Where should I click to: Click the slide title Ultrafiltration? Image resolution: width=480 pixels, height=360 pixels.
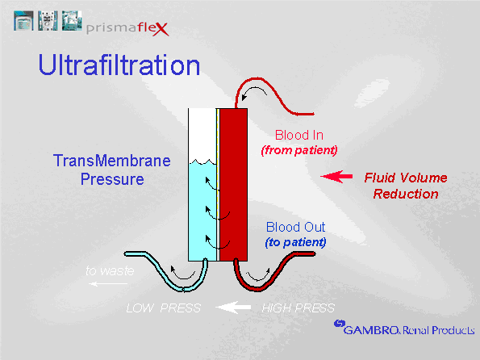pos(119,65)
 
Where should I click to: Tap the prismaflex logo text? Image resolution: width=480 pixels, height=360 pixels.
pos(142,31)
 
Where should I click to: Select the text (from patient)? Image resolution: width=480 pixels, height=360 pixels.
pos(298,150)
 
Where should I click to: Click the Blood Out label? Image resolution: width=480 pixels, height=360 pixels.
pos(295,228)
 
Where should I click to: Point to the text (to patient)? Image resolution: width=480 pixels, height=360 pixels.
pos(295,242)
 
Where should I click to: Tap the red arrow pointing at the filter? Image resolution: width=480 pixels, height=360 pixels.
pos(337,176)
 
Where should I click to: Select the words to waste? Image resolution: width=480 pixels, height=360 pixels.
pos(110,271)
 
